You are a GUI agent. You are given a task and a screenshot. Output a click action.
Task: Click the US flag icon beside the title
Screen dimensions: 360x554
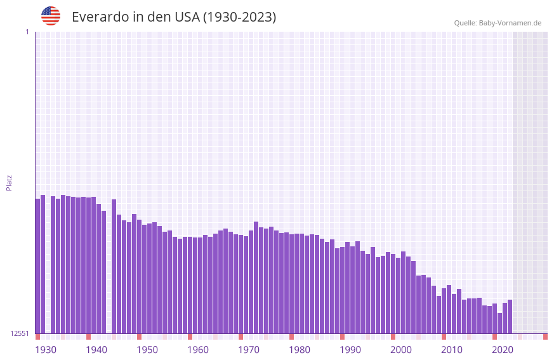pyautogui.click(x=51, y=16)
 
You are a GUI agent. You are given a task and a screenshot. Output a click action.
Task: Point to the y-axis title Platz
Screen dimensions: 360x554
pyautogui.click(x=9, y=182)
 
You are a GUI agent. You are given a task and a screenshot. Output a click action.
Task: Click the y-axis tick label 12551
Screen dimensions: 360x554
pyautogui.click(x=20, y=333)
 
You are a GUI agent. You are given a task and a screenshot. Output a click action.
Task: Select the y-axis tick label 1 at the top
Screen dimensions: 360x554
pyautogui.click(x=27, y=32)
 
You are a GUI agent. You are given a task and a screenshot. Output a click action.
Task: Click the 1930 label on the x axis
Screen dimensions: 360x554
pyautogui.click(x=46, y=350)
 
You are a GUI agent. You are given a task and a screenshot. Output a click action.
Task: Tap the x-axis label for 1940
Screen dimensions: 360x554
pyautogui.click(x=96, y=350)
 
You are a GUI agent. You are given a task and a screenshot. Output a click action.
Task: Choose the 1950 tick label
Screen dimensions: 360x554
pyautogui.click(x=147, y=350)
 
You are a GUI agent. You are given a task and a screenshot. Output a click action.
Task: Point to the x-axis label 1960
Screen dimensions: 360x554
pyautogui.click(x=198, y=350)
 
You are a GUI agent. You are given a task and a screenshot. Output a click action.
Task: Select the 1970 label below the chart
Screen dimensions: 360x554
pyautogui.click(x=249, y=350)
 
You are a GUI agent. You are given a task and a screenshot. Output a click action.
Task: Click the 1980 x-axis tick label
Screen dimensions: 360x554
pyautogui.click(x=300, y=350)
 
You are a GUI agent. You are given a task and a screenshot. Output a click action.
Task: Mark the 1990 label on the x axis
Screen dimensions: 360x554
pyautogui.click(x=350, y=350)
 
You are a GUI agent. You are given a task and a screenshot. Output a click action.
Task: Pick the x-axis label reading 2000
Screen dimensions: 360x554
pyautogui.click(x=401, y=350)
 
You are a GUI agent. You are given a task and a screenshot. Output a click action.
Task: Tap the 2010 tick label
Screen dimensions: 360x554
pyautogui.click(x=452, y=350)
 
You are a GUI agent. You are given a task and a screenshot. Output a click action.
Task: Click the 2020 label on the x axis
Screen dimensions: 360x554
pyautogui.click(x=503, y=350)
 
